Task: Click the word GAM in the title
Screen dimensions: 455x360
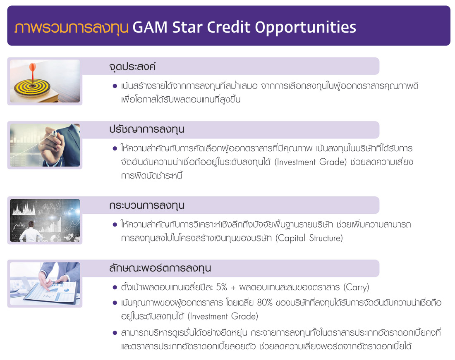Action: pyautogui.click(x=150, y=27)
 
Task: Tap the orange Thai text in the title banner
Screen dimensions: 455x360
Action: pyautogui.click(x=72, y=28)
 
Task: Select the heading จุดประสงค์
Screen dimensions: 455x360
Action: pyautogui.click(x=132, y=67)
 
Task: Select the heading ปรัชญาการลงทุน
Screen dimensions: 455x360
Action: pyautogui.click(x=147, y=129)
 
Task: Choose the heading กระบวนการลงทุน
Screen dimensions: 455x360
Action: pyautogui.click(x=147, y=205)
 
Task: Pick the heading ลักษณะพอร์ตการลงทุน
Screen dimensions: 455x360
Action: pyautogui.click(x=160, y=268)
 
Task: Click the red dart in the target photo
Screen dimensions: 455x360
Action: pyautogui.click(x=33, y=72)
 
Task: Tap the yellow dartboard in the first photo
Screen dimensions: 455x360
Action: pyautogui.click(x=32, y=86)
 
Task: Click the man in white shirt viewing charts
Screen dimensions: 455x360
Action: pyautogui.click(x=31, y=232)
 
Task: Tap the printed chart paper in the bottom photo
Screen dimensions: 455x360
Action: pyautogui.click(x=52, y=292)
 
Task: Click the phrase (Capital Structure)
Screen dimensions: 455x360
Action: pyautogui.click(x=309, y=238)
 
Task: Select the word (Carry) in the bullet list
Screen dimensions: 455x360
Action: pyautogui.click(x=356, y=287)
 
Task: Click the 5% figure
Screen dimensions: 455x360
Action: pyautogui.click(x=222, y=287)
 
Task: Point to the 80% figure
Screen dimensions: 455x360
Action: pyautogui.click(x=265, y=303)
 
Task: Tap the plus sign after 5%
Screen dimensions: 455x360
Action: pyautogui.click(x=233, y=288)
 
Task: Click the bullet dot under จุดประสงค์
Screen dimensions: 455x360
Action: pyautogui.click(x=115, y=86)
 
